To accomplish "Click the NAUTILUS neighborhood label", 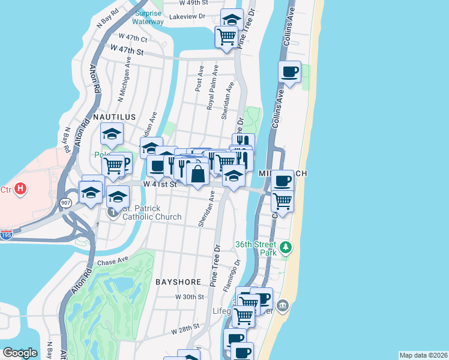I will (x=113, y=116).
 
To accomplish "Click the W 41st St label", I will (x=159, y=185).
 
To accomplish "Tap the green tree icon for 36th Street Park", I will (x=287, y=247).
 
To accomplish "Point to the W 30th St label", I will (x=190, y=297).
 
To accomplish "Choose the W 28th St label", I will (x=184, y=330).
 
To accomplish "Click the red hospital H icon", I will (x=20, y=189).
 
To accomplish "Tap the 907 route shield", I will (x=65, y=203).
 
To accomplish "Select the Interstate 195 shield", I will (x=6, y=233).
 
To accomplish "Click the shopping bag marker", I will (x=197, y=174).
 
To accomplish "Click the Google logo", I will (x=20, y=352).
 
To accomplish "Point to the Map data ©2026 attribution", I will (x=423, y=355).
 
